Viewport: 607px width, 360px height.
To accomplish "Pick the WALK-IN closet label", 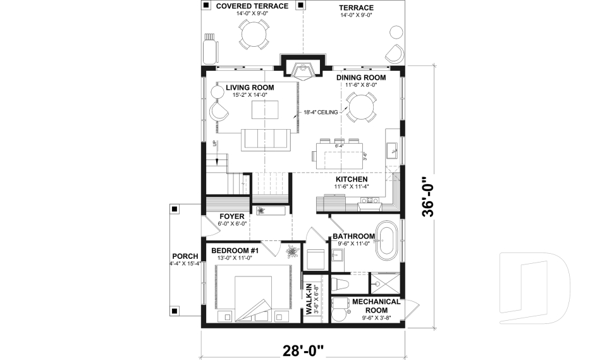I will (x=310, y=298).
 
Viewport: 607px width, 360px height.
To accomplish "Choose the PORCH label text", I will (x=184, y=256).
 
